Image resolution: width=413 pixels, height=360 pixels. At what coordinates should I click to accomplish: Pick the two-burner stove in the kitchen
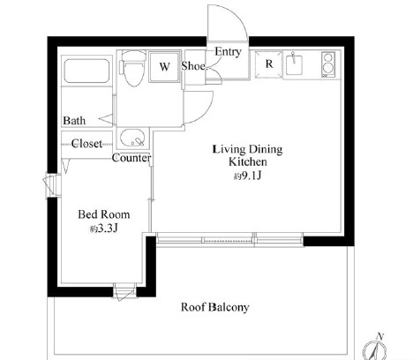click(x=327, y=65)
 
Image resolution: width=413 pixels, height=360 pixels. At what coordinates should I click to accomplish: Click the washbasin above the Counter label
click(x=135, y=138)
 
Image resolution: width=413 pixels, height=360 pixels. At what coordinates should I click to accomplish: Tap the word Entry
click(x=228, y=51)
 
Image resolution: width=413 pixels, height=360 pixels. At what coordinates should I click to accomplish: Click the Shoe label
click(x=193, y=65)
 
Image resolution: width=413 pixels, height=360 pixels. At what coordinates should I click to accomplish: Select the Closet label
click(x=87, y=142)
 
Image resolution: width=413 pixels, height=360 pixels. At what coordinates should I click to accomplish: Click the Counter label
click(x=131, y=159)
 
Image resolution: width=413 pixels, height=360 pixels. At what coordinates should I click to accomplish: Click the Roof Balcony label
click(x=214, y=307)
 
